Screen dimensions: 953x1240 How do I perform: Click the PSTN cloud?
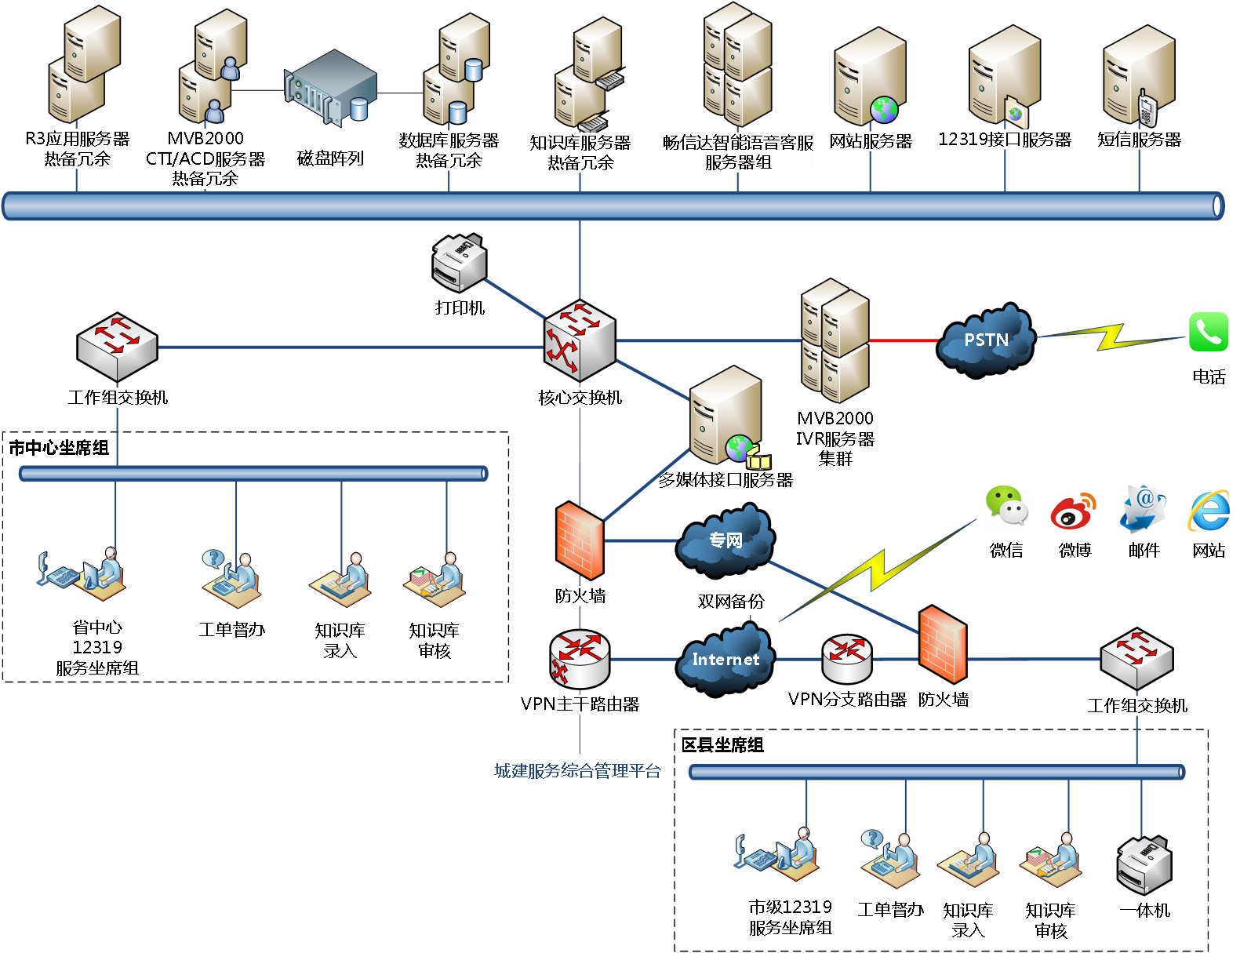pos(986,340)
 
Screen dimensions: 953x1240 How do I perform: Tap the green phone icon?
pos(1208,333)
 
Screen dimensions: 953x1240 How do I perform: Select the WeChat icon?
pos(1006,507)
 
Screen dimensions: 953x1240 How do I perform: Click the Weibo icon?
pos(1074,511)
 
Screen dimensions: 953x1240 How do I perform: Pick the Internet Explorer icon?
pos(1208,511)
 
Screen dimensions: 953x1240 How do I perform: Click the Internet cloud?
pos(725,659)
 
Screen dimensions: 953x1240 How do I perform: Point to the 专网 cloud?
pos(725,540)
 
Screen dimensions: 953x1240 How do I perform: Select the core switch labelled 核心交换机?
pos(580,342)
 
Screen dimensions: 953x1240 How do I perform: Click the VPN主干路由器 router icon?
pos(580,657)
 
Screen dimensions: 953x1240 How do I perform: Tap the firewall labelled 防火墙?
pos(580,542)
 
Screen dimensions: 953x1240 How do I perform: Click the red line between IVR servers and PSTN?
pos(904,340)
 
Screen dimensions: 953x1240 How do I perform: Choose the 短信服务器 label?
pos(1139,140)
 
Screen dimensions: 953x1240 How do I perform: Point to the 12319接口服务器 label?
pos(1005,140)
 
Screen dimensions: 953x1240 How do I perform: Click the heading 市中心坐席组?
pos(59,448)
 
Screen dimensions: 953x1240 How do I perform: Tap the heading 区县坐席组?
pos(722,744)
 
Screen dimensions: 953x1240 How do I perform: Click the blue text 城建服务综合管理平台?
pos(578,771)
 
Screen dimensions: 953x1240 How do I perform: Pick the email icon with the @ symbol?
pos(1143,508)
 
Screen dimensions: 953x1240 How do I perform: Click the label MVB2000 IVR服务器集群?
pos(835,438)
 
